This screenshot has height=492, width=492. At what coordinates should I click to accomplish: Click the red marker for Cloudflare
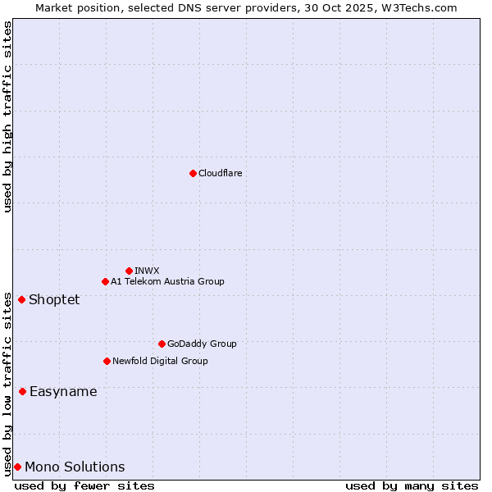pos(193,173)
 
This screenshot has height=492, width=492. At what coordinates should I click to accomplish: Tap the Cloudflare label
pos(220,173)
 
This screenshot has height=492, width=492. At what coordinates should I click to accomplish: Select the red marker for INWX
pos(129,271)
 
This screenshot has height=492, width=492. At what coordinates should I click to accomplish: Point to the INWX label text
pos(147,271)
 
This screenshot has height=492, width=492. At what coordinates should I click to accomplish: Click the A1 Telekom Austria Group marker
pos(105,281)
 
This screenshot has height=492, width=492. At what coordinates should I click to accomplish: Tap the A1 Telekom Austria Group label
pos(167,281)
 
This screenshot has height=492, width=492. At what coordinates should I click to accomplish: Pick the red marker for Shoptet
pos(21,299)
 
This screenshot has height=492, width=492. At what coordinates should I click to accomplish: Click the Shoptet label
pos(54,299)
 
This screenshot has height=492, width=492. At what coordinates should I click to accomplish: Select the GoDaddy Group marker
pos(162,344)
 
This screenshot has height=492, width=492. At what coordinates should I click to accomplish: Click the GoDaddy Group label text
pos(202,344)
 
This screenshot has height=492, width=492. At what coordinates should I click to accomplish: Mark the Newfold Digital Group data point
pos(107,361)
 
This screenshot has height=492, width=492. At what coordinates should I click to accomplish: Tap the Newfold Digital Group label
pos(160,361)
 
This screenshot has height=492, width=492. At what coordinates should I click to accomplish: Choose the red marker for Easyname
pos(22,391)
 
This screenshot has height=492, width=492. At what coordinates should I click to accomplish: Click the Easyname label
pos(63,391)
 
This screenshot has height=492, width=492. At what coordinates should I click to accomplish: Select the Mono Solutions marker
pos(17,467)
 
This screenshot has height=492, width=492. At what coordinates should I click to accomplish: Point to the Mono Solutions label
pos(75,467)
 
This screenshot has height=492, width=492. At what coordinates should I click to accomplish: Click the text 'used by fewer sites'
pos(84,485)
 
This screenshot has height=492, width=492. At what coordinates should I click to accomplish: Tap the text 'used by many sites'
pos(412,485)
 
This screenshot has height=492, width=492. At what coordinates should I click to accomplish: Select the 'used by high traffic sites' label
pos(7,116)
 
